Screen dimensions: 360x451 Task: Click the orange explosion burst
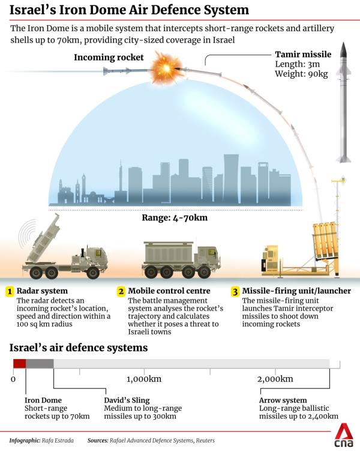pos(166,68)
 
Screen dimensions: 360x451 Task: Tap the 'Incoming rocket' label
pos(109,57)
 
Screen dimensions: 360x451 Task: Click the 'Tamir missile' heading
pos(303,55)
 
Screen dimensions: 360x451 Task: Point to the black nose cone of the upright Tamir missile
pos(343,49)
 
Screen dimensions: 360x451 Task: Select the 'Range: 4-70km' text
pos(175,217)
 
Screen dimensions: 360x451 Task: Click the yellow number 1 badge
pos(10,291)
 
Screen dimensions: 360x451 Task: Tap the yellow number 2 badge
pos(121,291)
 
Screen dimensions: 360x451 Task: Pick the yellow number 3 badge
pos(235,292)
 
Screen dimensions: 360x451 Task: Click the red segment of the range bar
pos(20,363)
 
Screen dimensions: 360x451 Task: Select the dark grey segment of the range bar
pos(40,363)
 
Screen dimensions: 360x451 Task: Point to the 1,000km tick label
pos(144,379)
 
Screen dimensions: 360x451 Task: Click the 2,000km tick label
pos(275,379)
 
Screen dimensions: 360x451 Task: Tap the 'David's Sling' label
pos(127,401)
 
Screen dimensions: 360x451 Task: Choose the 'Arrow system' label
pos(283,401)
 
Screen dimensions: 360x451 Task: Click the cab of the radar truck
pos(95,257)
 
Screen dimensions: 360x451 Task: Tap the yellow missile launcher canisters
pos(325,240)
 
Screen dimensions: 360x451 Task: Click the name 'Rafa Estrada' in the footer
pos(58,440)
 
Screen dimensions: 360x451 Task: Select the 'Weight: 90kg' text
pos(301,74)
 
